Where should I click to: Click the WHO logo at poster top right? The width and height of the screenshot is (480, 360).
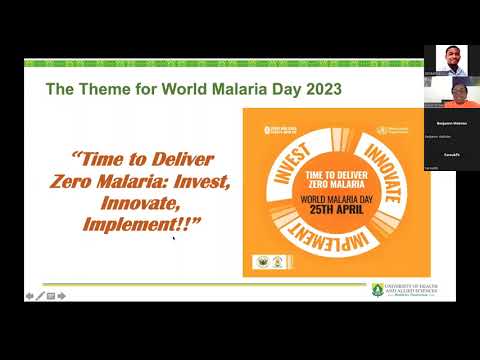pyautogui.click(x=387, y=130)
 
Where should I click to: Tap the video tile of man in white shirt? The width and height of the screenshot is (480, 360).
pyautogui.click(x=450, y=59)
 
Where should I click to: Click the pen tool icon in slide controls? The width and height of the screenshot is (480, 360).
pyautogui.click(x=40, y=296)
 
